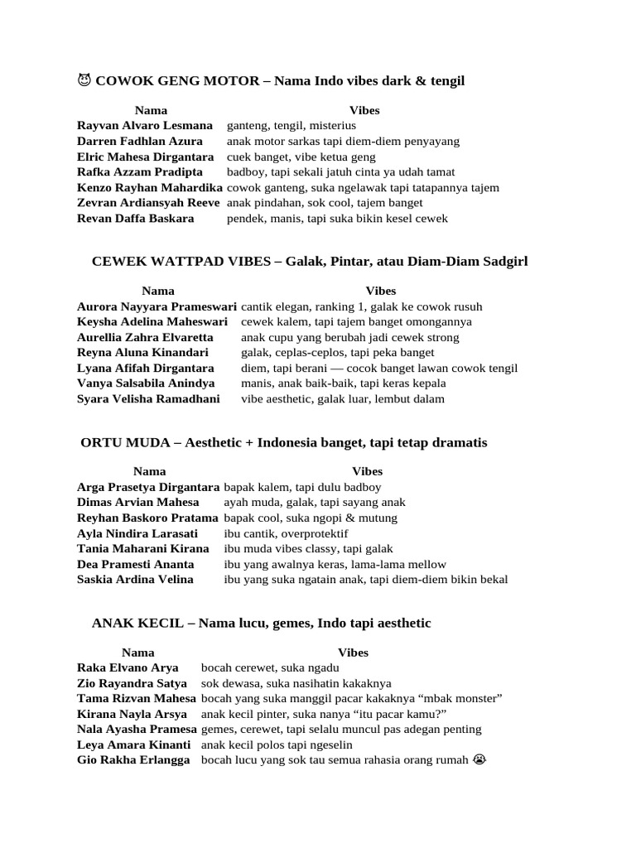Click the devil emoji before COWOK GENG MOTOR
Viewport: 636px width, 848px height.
84,80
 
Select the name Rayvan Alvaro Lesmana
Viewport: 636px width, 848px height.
144,126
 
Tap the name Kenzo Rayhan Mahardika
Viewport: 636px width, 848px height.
150,187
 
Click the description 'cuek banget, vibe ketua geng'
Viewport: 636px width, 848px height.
301,157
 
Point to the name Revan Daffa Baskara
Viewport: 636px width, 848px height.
135,219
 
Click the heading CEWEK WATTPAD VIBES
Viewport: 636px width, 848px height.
180,262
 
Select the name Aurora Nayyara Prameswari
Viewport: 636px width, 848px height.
157,306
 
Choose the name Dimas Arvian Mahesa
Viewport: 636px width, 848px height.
137,503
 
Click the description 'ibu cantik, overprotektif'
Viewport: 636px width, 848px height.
286,533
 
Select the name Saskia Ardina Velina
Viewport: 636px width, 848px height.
135,580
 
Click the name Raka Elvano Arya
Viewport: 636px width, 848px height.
128,667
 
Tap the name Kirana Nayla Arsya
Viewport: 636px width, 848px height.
132,714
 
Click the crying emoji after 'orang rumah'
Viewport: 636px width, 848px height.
479,760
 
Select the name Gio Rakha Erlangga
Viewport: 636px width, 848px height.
132,760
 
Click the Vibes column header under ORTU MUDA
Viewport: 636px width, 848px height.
368,471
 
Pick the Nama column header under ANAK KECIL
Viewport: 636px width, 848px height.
137,653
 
